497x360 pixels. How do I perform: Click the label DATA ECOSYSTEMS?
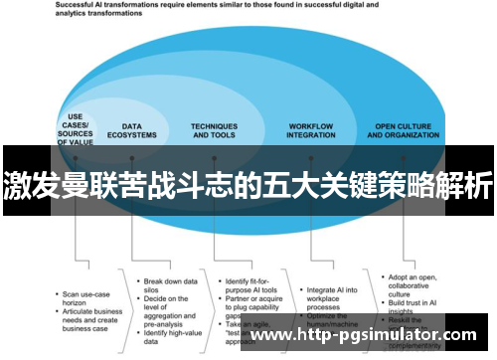click(x=132, y=130)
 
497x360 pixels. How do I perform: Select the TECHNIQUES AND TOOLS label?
click(x=214, y=130)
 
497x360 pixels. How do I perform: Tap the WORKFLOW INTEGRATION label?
click(x=310, y=130)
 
